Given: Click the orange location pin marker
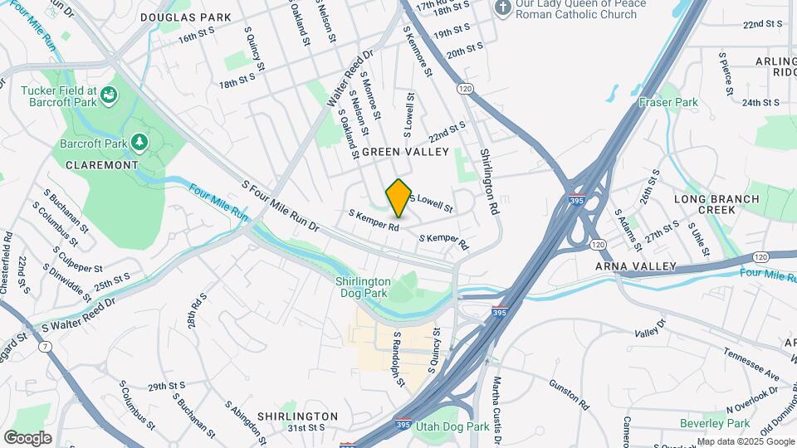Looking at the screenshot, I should [x=399, y=197].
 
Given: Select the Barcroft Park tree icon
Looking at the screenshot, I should [x=139, y=144].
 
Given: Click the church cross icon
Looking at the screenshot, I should [x=501, y=8].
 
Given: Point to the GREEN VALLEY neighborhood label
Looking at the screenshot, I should [x=405, y=152].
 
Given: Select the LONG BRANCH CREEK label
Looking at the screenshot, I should [x=716, y=204].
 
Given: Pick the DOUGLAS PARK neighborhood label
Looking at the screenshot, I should [x=185, y=17].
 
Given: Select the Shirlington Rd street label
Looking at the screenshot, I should [x=490, y=182].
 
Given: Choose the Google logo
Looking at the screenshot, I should [x=27, y=437].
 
